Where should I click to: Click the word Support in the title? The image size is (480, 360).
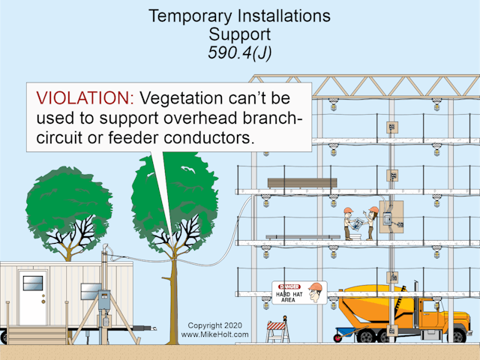pyautogui.click(x=239, y=34)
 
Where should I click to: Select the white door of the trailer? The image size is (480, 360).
pyautogui.click(x=33, y=297)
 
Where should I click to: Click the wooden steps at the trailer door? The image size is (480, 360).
pyautogui.click(x=27, y=333)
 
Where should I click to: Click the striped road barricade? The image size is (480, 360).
pyautogui.click(x=277, y=330)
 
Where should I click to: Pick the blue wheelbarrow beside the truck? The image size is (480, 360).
pyautogui.click(x=346, y=332)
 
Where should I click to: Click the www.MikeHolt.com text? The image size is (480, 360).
pyautogui.click(x=214, y=334)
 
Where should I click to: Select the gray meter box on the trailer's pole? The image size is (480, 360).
pyautogui.click(x=103, y=299)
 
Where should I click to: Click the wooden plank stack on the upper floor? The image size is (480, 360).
pyautogui.click(x=302, y=182)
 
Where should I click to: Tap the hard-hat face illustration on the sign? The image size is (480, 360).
pyautogui.click(x=316, y=292)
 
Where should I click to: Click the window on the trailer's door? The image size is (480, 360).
pyautogui.click(x=33, y=283)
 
